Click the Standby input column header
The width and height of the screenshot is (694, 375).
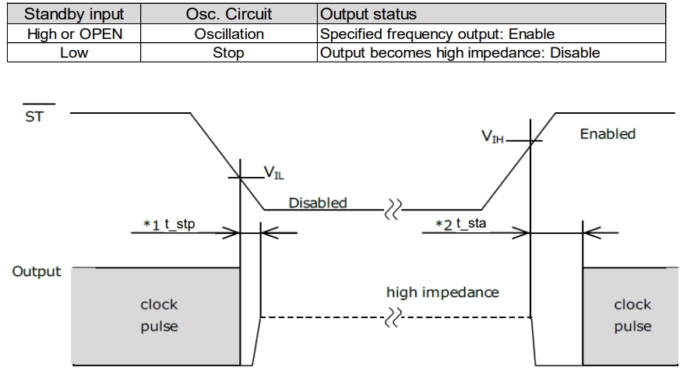click(75, 14)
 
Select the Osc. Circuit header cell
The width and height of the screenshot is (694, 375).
click(228, 14)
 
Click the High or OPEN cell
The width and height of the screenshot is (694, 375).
click(75, 34)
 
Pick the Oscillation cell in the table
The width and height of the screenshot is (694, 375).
click(228, 34)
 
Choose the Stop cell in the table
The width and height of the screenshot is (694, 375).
click(228, 54)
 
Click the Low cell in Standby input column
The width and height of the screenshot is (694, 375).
click(75, 54)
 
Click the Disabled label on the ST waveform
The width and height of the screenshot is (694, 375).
click(317, 203)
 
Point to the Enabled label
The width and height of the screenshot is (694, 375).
click(608, 134)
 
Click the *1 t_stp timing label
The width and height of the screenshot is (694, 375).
click(169, 225)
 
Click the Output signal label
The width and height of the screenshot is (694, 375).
click(35, 272)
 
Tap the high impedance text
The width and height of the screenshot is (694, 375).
click(442, 293)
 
